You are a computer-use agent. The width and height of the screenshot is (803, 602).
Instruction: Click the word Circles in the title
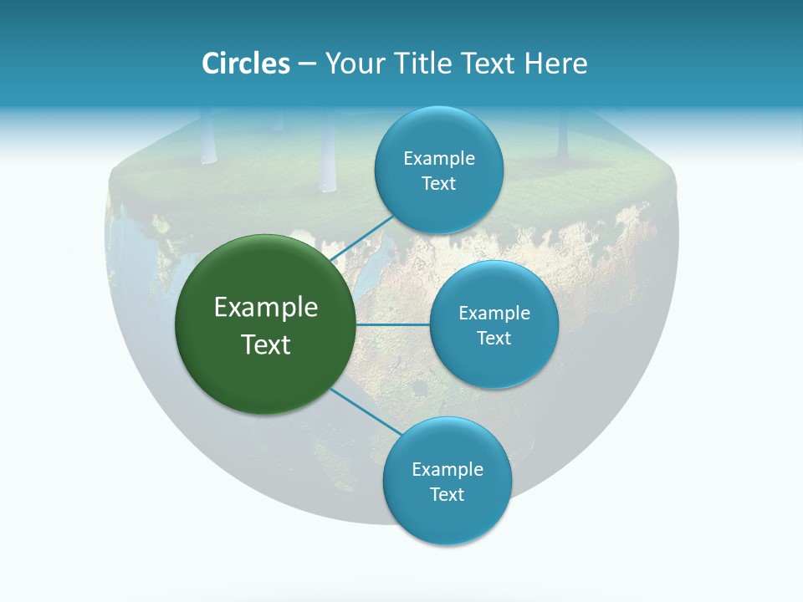(x=245, y=64)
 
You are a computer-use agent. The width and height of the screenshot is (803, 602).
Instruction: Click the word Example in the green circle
(x=266, y=308)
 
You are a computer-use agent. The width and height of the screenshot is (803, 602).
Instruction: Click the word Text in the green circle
(x=266, y=344)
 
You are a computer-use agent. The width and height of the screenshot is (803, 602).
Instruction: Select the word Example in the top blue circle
(x=439, y=159)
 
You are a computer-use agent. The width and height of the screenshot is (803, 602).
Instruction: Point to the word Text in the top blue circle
(x=438, y=184)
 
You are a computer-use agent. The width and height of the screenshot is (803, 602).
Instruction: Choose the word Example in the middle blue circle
(x=494, y=314)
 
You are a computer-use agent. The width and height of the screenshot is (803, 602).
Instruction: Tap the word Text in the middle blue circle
(x=494, y=339)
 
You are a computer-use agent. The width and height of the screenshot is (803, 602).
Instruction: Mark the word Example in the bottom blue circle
(x=448, y=470)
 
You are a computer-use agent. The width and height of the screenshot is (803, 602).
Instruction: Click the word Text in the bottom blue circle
(x=447, y=495)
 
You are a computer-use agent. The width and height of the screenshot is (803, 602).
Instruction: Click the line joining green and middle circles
(x=393, y=324)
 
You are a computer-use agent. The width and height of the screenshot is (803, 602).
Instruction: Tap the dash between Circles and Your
(x=306, y=64)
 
